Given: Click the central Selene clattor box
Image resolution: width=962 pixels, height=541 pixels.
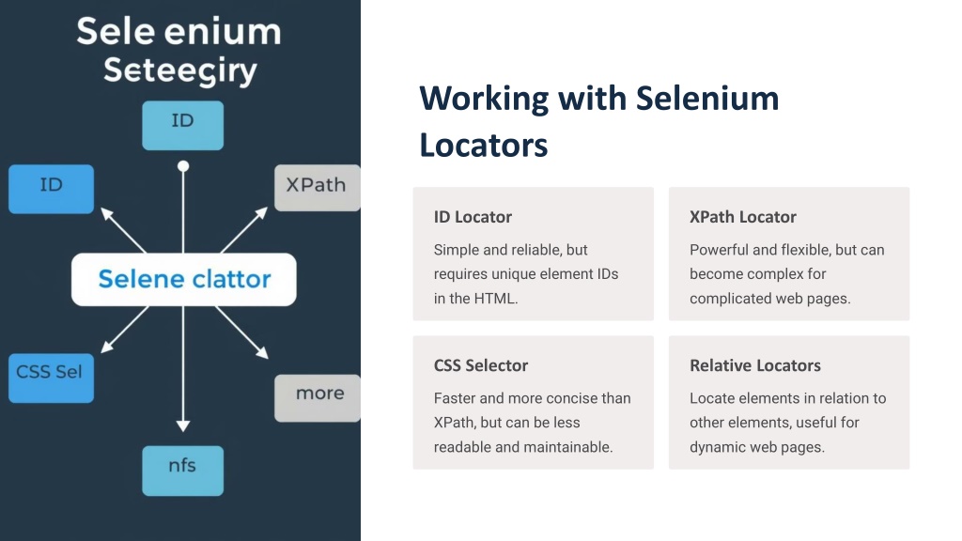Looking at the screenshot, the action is pos(183,279).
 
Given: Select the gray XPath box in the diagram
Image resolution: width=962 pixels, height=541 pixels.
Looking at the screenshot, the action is pos(318,188).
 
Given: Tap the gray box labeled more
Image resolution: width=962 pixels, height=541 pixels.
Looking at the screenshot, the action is pos(318,398).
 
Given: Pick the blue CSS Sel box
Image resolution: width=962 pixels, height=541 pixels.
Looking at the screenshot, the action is pos(51,378).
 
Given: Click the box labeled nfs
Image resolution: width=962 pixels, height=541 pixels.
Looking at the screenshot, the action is pos(183,471).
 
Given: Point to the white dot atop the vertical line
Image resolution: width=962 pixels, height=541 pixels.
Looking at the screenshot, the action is pos(183,166).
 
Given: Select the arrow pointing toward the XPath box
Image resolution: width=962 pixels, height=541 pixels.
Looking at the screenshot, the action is pos(244,230).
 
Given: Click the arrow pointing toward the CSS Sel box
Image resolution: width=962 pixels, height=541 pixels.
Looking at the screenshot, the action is pos(125,330).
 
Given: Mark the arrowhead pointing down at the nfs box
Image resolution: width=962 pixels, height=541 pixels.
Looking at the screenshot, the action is pos(183,425).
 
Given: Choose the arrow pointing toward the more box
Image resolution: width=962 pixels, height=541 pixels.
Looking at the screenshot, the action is pos(241,332).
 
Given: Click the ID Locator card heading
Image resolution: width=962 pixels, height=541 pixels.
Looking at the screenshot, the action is pos(473,217).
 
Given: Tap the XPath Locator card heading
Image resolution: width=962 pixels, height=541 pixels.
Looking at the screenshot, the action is pos(742,217).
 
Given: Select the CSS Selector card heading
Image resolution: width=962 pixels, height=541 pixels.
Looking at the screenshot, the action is pos(480,365).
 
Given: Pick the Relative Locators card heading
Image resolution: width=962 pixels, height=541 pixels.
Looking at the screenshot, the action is pos(754,365).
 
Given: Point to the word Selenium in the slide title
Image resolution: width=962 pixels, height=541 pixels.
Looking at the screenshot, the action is pos(706,98).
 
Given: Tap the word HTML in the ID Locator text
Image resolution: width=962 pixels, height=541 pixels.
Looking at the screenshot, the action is pos(496,299).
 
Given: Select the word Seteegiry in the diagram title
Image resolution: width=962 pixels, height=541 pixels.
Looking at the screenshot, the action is pos(179,70).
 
